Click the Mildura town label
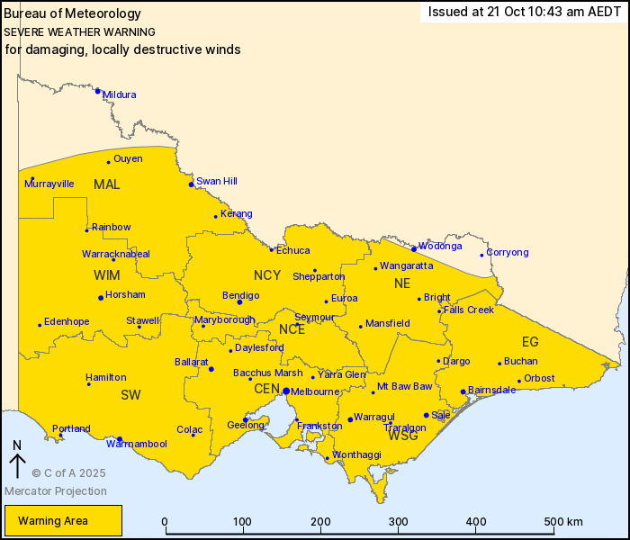pyautogui.click(x=120, y=94)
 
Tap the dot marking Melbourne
pyautogui.click(x=285, y=391)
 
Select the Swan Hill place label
pyautogui.click(x=216, y=181)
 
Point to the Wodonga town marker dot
pyautogui.click(x=414, y=249)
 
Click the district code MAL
pyautogui.click(x=106, y=184)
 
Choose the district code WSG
pyautogui.click(x=402, y=436)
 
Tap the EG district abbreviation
pyautogui.click(x=530, y=341)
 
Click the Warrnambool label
pyautogui.click(x=136, y=444)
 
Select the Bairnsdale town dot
pyautogui.click(x=463, y=391)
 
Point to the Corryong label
pyautogui.click(x=508, y=253)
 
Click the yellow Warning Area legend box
pyautogui.click(x=63, y=521)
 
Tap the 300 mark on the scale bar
pyautogui.click(x=398, y=522)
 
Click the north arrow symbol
pyautogui.click(x=17, y=462)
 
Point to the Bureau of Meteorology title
pyautogui.click(x=73, y=13)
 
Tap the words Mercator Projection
pyautogui.click(x=56, y=491)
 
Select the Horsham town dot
pyautogui.click(x=101, y=298)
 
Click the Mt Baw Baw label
pyautogui.click(x=404, y=387)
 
